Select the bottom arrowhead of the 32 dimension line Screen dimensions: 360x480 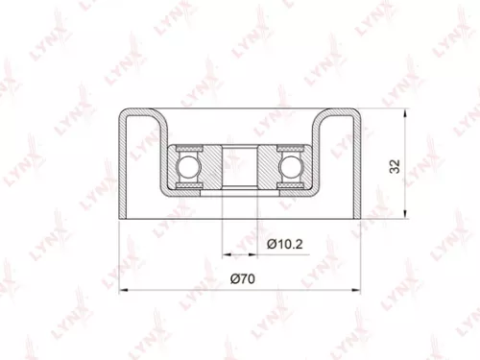pyautogui.click(x=407, y=214)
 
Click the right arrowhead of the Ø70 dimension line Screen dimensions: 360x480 pyautogui.click(x=357, y=290)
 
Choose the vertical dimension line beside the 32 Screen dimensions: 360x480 pyautogui.click(x=407, y=165)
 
